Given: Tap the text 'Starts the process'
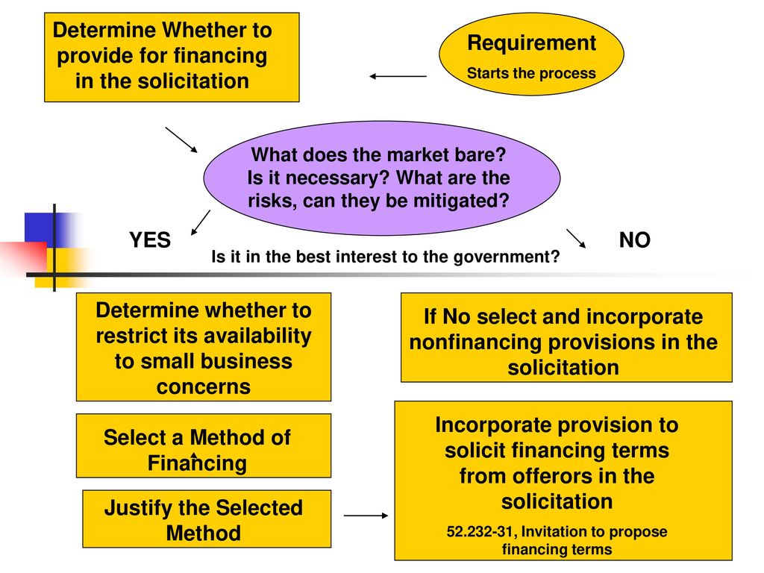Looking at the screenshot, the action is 531,73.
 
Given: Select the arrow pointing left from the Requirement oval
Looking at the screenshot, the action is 398,76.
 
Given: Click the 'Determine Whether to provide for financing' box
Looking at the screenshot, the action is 172,57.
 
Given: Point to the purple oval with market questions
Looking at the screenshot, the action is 381,178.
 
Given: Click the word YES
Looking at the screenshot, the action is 150,240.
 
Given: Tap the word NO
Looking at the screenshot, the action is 634,240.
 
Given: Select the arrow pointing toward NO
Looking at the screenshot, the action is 576,238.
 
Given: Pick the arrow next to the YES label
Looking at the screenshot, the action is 201,222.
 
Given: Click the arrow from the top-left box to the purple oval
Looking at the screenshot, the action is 181,140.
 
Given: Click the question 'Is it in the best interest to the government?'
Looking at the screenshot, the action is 386,257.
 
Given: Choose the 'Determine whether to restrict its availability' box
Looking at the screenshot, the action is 204,347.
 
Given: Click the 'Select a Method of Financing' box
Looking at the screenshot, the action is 204,446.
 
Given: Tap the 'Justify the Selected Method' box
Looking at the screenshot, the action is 207,519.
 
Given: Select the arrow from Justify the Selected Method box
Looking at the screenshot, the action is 366,515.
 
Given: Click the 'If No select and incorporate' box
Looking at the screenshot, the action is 566,337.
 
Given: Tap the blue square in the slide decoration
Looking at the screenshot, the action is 40,228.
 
